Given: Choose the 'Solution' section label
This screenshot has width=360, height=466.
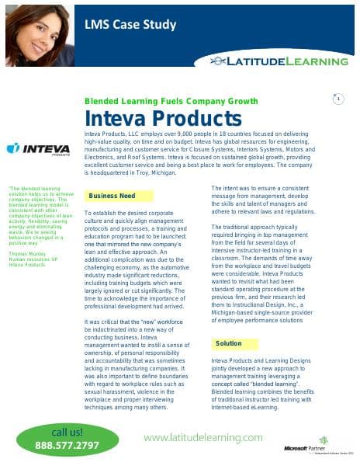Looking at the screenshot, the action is coord(230,364).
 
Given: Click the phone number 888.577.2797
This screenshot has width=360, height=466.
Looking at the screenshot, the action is coord(67,446).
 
